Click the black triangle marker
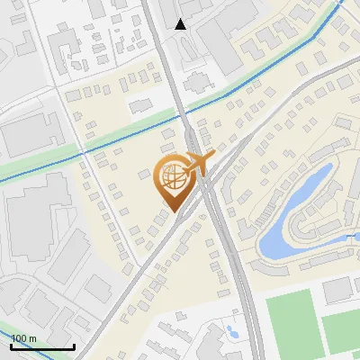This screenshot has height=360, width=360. click(x=181, y=24)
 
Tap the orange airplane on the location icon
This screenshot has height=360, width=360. click(x=197, y=163)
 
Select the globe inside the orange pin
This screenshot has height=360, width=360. click(x=172, y=181)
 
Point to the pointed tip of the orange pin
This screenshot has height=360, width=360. click(x=172, y=211)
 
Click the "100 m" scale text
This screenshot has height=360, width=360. click(x=23, y=338)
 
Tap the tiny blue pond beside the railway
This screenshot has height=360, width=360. click(x=231, y=330)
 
